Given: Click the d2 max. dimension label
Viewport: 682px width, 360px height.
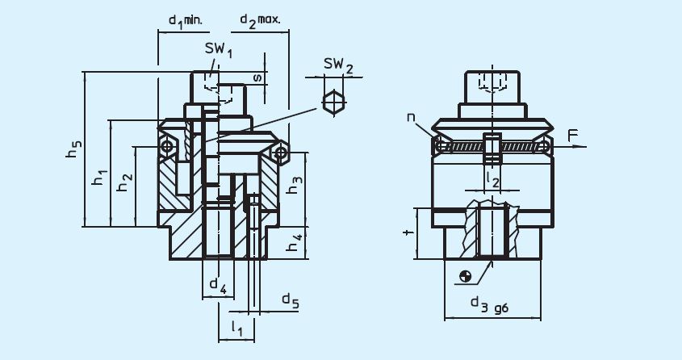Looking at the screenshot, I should [259, 19].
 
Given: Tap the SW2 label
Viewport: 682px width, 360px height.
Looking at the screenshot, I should [338, 65].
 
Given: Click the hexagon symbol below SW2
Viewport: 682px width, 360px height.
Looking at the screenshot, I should [331, 103].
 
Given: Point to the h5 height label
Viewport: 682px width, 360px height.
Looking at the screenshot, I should [74, 149].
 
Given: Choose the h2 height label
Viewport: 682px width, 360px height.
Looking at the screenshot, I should [123, 183].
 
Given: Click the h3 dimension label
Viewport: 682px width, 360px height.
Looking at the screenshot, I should [295, 184].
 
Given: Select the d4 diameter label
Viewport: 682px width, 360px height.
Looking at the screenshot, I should [217, 284].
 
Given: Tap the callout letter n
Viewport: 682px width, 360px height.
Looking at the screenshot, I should [412, 119].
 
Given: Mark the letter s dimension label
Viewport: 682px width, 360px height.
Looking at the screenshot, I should [257, 78].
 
